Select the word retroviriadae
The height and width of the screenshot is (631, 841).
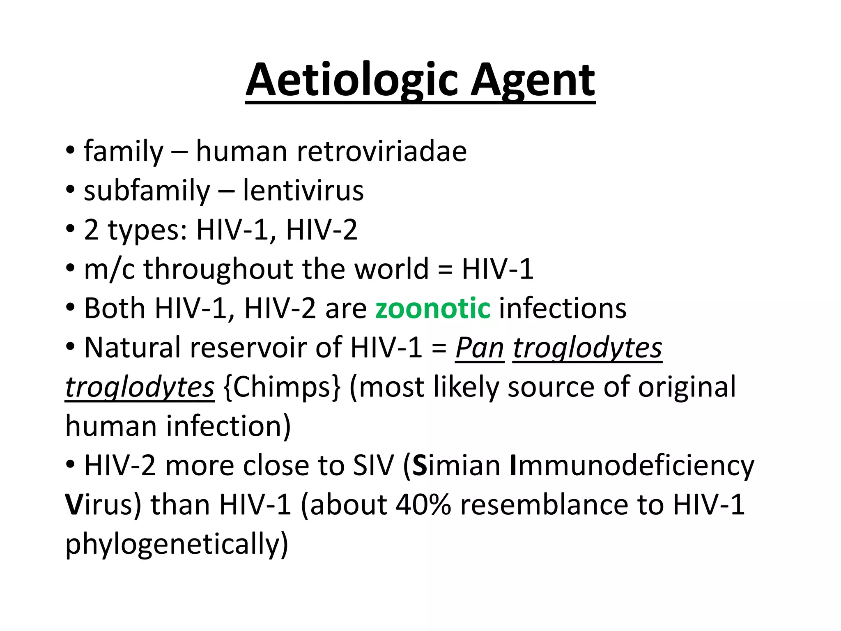(x=381, y=151)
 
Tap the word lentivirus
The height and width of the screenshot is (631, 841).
(x=303, y=191)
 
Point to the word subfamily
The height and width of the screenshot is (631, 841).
(x=147, y=191)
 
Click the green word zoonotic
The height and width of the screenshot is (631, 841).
(x=433, y=308)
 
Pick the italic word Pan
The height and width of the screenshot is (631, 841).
(x=480, y=348)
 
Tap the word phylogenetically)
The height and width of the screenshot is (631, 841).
(x=177, y=544)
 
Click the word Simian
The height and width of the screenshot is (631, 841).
(x=456, y=465)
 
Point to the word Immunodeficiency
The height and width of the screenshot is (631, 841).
(x=632, y=465)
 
